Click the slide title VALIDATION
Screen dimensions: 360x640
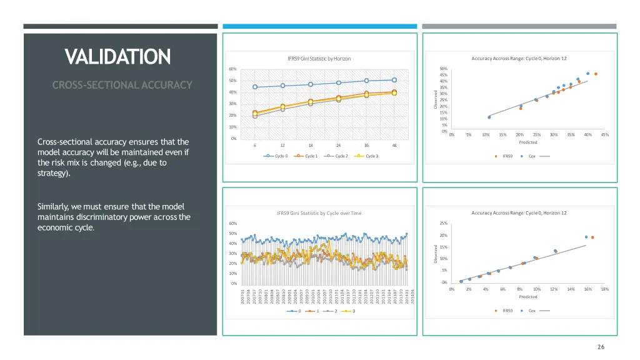[118, 57]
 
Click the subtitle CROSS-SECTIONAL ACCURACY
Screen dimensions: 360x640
[122, 85]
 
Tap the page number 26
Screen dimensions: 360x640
[601, 347]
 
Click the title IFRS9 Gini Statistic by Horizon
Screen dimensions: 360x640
[319, 59]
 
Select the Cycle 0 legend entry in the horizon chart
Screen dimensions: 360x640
[276, 156]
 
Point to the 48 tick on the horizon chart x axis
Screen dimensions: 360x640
[394, 145]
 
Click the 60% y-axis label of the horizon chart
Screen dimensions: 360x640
[232, 69]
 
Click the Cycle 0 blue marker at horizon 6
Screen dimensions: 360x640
[255, 87]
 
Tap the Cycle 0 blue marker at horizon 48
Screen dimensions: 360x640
[394, 79]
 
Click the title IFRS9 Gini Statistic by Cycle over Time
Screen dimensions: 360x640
[319, 213]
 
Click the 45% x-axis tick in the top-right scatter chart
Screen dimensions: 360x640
[604, 134]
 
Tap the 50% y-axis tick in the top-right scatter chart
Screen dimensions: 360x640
[443, 69]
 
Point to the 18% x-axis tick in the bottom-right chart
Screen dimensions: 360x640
[604, 289]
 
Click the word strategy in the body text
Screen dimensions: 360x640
[53, 174]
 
